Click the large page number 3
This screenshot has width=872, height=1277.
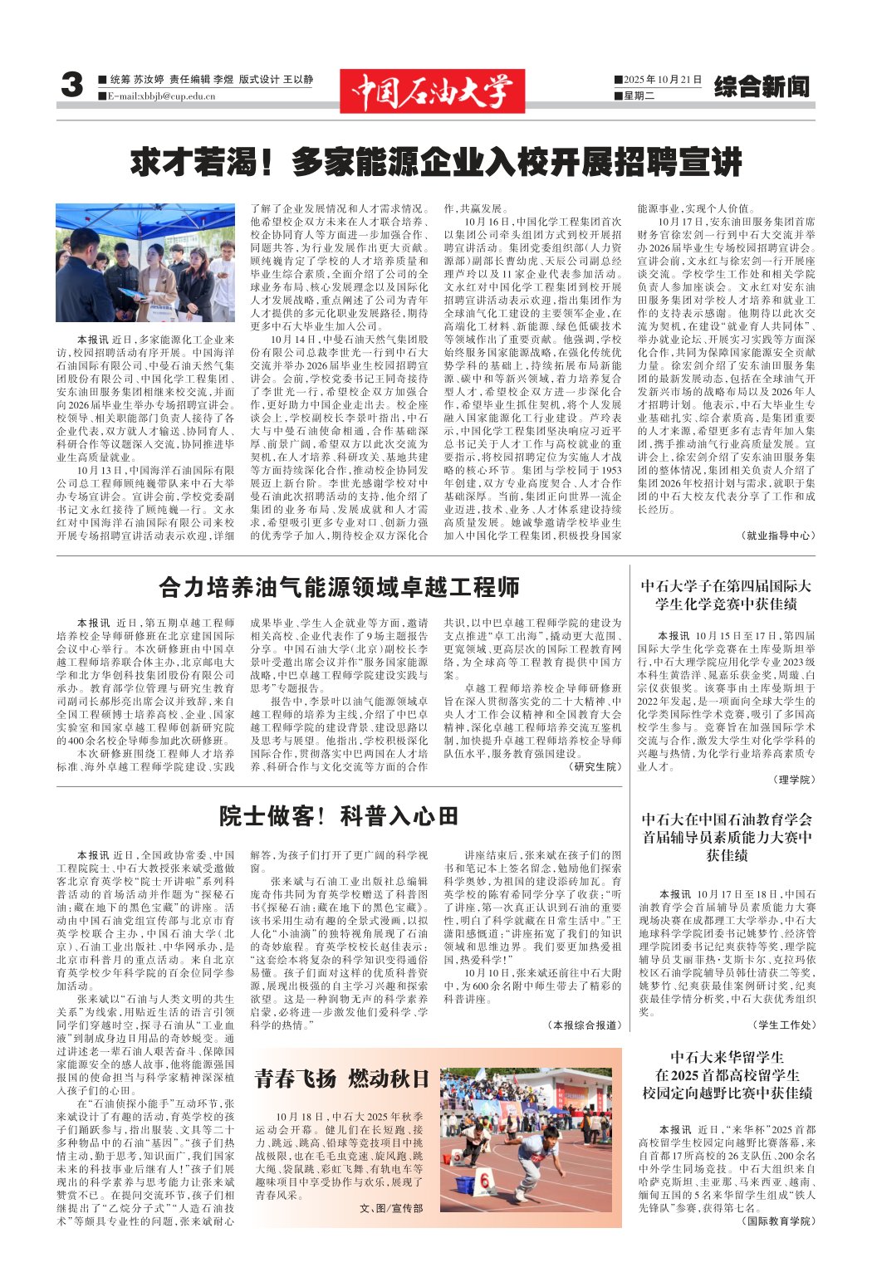pos(72,86)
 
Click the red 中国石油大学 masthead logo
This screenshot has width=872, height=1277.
pos(432,91)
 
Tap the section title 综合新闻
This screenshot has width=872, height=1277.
pos(761,86)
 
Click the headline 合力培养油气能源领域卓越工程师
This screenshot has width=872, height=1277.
pos(339,588)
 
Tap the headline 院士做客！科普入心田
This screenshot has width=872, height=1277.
pos(339,816)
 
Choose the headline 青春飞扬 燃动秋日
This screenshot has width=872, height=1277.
pos(341,1078)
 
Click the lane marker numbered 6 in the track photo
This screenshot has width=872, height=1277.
pos(486,1181)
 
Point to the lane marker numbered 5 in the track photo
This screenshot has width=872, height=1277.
pos(456,1157)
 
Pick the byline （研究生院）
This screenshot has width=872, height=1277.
pos(595,766)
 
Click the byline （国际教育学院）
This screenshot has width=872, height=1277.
pos(776,1221)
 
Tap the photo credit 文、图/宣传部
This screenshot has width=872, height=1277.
pos(391,1208)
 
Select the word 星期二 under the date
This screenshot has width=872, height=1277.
pos(639,95)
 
